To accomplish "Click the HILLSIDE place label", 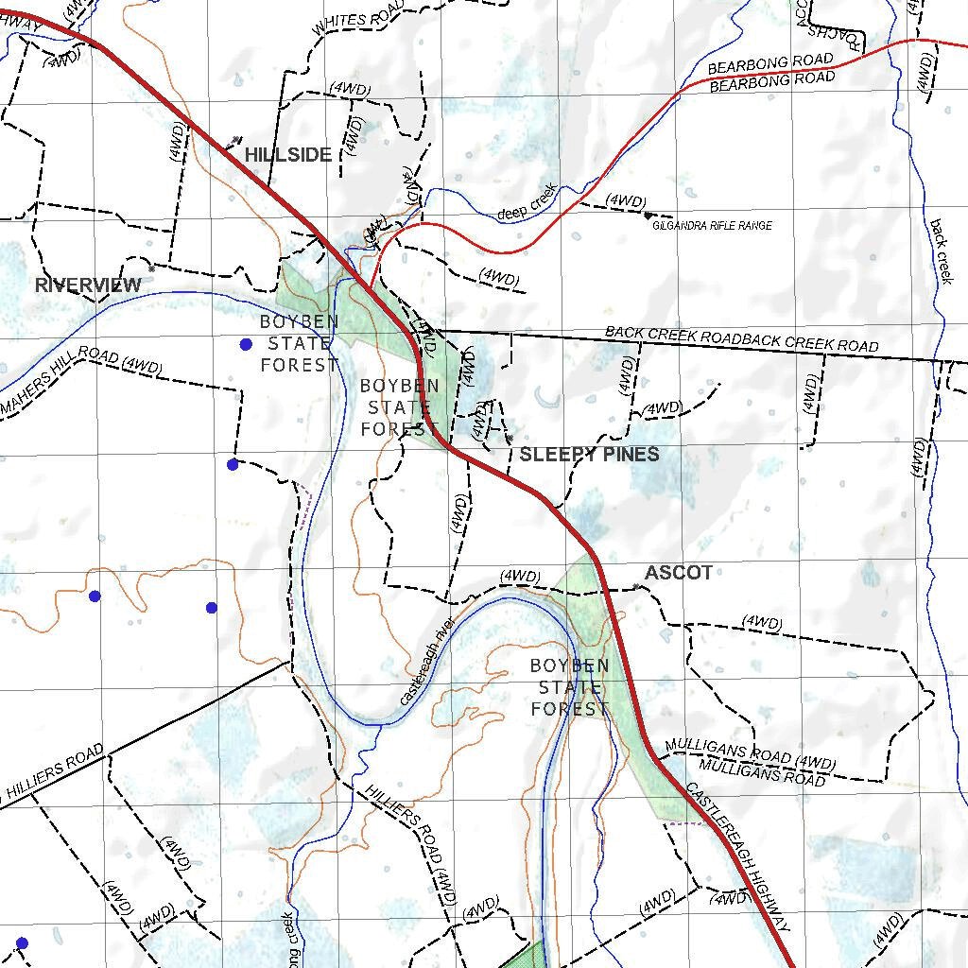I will pyautogui.click(x=288, y=155).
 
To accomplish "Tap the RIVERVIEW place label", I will pyautogui.click(x=88, y=285).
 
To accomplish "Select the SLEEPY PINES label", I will pyautogui.click(x=589, y=455).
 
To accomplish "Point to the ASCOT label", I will pyautogui.click(x=678, y=573).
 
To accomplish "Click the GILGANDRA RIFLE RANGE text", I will pyautogui.click(x=712, y=226).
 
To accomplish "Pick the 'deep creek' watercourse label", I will pyautogui.click(x=527, y=202).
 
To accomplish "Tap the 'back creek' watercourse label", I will pyautogui.click(x=941, y=251).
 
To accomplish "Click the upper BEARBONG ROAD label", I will pyautogui.click(x=770, y=63).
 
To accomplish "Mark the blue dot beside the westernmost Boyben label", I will pyautogui.click(x=246, y=344).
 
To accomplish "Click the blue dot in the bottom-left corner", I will pyautogui.click(x=23, y=943).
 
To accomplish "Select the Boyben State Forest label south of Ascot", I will pyautogui.click(x=570, y=687).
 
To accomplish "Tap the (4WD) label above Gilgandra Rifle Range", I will pyautogui.click(x=626, y=201).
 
